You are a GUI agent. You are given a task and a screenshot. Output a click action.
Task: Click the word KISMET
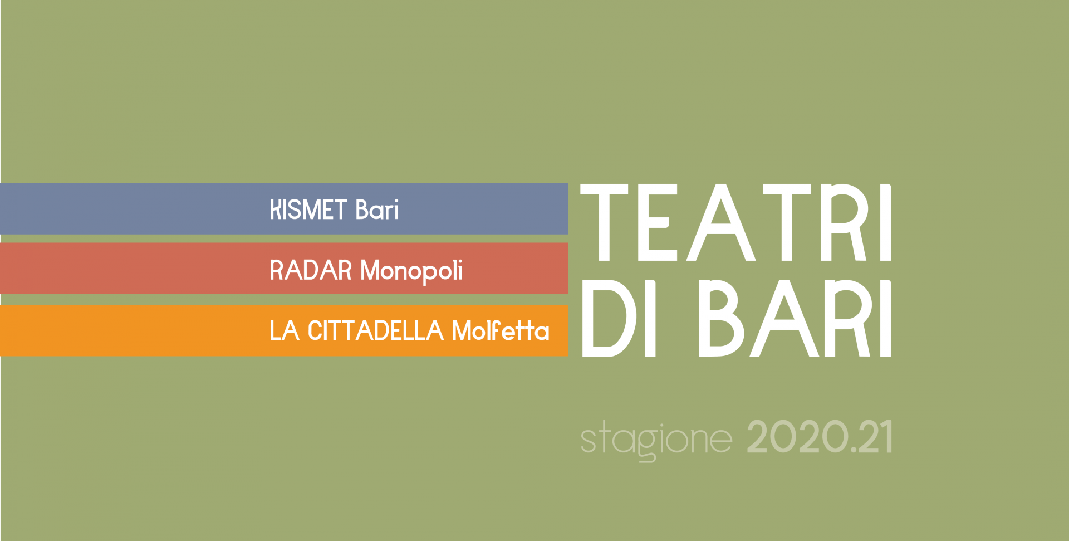point(308,210)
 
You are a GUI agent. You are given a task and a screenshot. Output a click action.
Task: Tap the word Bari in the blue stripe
point(377,209)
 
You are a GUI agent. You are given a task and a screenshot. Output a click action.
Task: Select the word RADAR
point(311,270)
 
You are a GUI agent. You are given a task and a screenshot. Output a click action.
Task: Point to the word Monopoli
point(411,271)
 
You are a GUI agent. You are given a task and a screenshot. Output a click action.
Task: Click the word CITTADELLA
point(376,330)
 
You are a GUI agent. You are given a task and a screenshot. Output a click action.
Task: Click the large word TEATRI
point(736,222)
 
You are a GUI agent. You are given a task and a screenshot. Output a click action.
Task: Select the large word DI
point(619,318)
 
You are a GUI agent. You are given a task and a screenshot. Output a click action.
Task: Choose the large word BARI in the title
point(795,318)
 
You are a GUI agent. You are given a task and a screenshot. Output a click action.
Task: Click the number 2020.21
point(820,437)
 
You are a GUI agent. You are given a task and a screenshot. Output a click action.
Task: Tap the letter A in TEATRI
point(721,222)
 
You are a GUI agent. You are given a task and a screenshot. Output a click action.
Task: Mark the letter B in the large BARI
point(722,318)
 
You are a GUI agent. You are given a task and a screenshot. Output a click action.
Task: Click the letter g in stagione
point(647,445)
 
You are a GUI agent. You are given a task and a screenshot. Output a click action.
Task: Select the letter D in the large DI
point(609,318)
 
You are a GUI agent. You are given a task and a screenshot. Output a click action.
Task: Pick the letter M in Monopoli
point(371,270)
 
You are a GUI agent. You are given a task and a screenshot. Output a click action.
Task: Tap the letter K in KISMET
point(276,210)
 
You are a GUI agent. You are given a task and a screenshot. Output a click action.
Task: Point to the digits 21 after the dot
point(876,437)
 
